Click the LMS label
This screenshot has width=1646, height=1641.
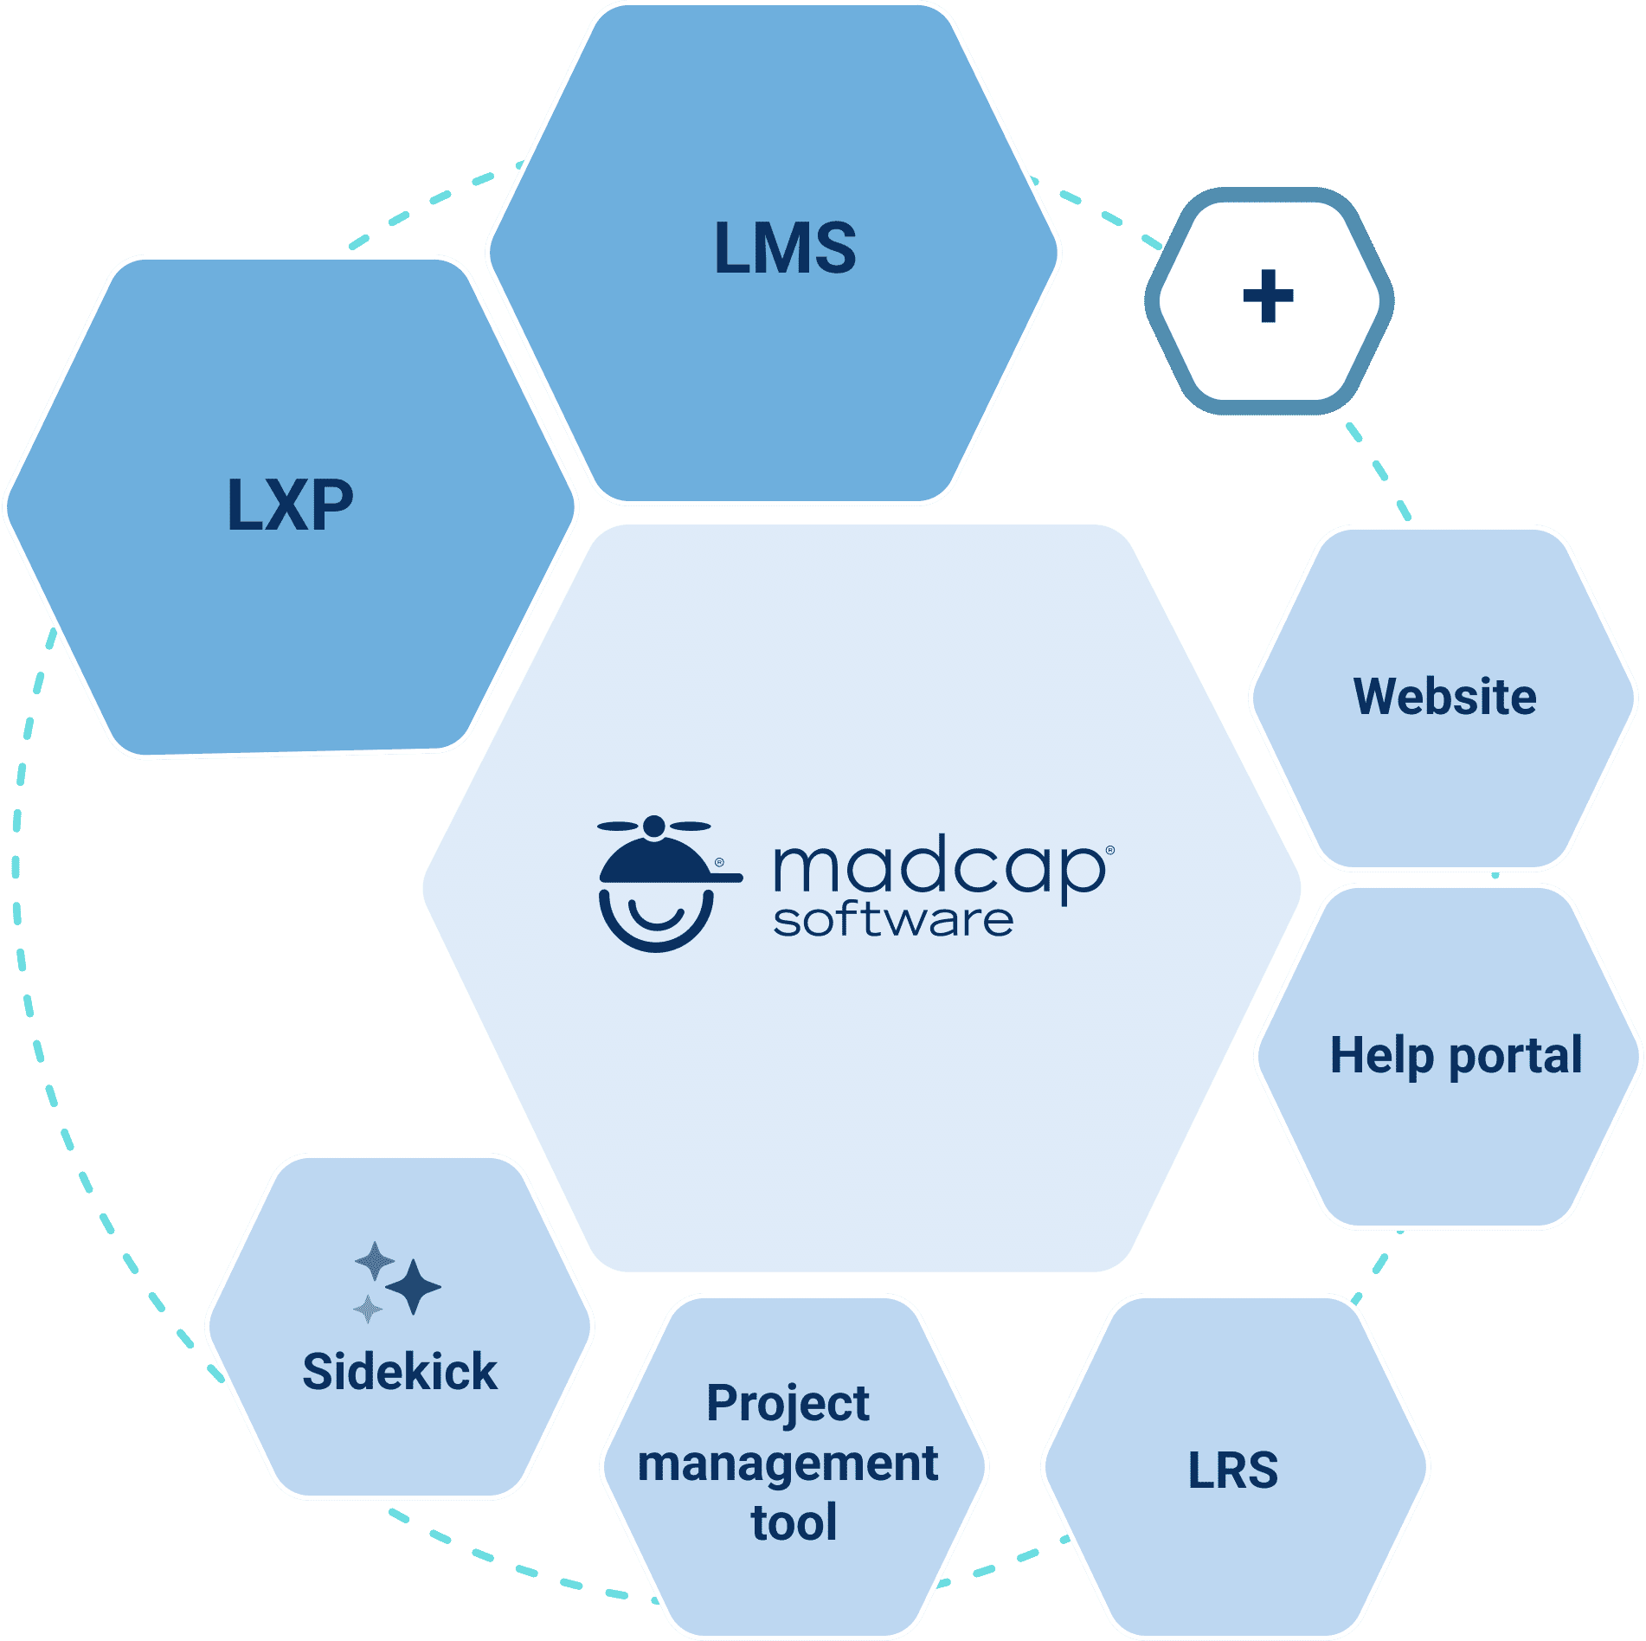785,248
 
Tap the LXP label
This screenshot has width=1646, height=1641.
290,505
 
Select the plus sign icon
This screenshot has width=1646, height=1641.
1268,296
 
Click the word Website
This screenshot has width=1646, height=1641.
1444,697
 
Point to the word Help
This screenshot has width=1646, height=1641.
1381,1056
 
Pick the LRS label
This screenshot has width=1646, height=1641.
1232,1470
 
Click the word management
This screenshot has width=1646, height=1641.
788,1464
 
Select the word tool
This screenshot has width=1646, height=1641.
794,1523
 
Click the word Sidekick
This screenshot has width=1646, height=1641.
400,1372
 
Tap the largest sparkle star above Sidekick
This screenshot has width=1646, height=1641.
413,1287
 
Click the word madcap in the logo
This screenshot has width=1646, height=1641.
939,870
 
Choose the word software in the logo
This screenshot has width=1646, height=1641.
892,920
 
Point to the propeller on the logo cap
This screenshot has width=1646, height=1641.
654,826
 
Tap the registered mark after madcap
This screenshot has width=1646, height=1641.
1110,851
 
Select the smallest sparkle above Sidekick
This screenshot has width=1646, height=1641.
368,1309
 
